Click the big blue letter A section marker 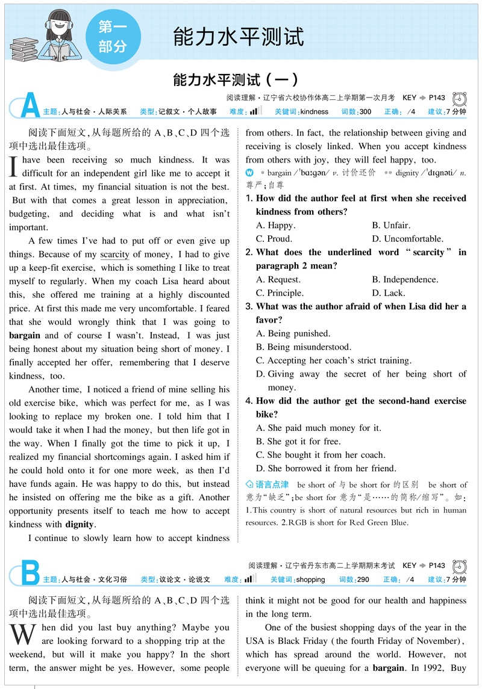[30, 105]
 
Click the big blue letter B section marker [30, 573]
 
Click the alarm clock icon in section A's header [460, 99]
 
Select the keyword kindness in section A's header [314, 112]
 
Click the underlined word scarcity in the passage [114, 255]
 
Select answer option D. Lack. [389, 293]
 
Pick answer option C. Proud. [275, 239]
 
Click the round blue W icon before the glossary [249, 173]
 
